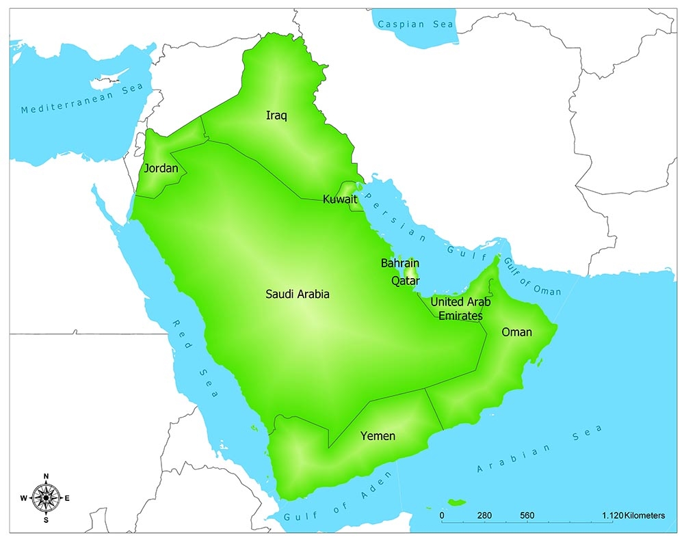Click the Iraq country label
coord(276,115)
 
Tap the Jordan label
coord(161,168)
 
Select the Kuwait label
coord(340,200)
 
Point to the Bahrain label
coord(400,263)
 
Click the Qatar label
coord(405,280)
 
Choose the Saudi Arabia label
coord(298,294)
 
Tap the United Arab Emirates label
coord(460,309)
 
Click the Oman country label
coord(516,332)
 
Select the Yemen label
coord(378,435)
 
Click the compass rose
coord(46,498)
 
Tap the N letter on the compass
coord(46,476)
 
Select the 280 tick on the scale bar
coord(484,515)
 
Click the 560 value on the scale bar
coord(527,515)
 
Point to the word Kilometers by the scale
coord(644,515)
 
